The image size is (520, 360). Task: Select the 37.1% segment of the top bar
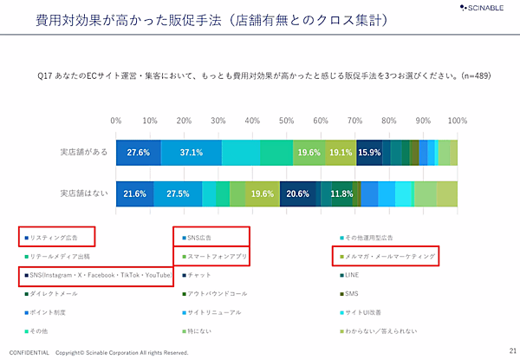click(x=191, y=152)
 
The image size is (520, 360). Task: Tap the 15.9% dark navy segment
click(x=369, y=152)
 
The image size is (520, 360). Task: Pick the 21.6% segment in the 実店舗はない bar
click(x=134, y=193)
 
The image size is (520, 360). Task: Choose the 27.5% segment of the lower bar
click(x=178, y=193)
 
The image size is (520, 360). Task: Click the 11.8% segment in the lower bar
click(x=341, y=193)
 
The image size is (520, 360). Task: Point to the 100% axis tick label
click(x=456, y=121)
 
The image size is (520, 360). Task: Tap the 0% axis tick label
click(x=116, y=121)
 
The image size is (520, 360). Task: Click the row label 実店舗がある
click(x=83, y=152)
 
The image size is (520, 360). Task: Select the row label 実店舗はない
click(x=83, y=193)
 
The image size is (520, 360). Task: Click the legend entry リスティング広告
click(x=57, y=237)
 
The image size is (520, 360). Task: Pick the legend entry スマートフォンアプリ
click(x=215, y=257)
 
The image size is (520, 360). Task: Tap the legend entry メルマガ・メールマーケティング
click(x=389, y=257)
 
